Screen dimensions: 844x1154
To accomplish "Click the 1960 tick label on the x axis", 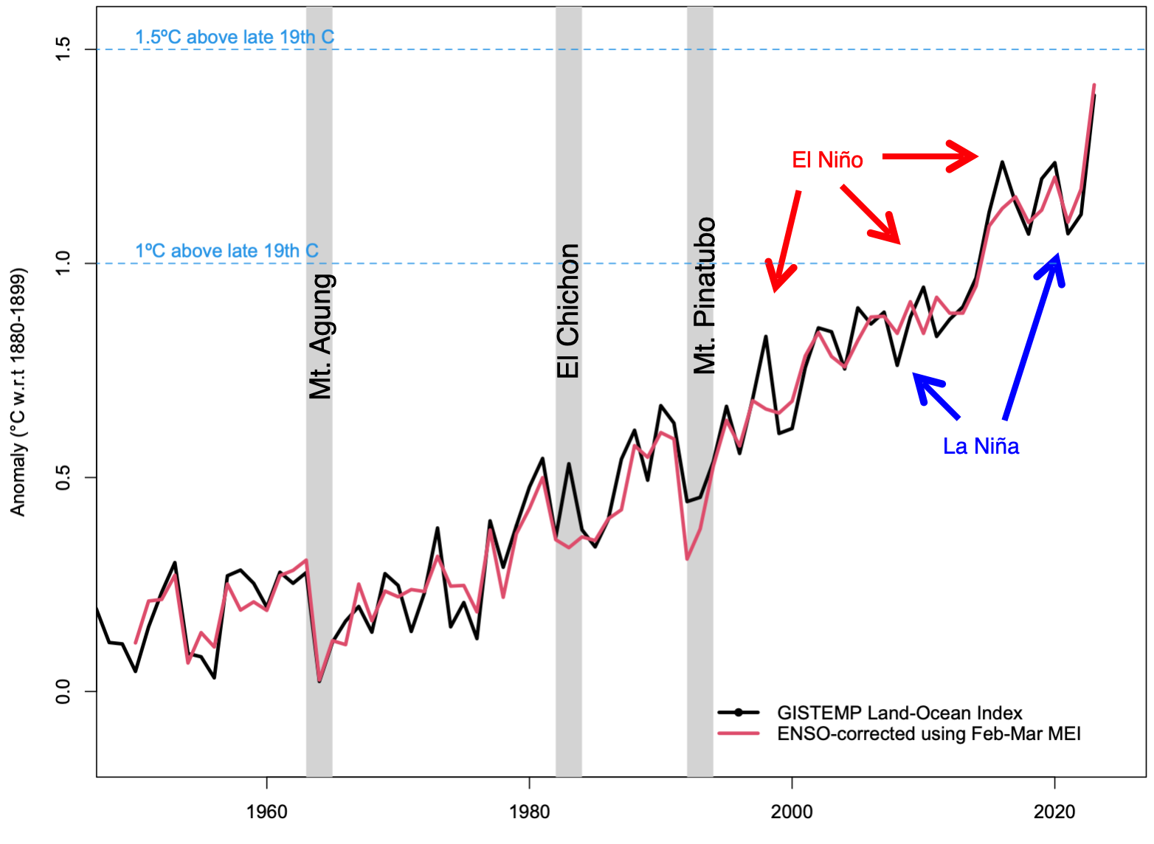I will (x=266, y=812).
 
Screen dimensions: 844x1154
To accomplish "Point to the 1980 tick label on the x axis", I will (x=529, y=812).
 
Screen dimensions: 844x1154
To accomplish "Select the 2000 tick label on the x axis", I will (x=792, y=812).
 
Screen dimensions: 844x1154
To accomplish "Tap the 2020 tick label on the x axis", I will (x=1054, y=812).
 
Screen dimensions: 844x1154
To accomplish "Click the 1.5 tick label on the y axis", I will (x=63, y=49).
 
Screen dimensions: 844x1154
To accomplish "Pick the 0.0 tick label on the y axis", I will (x=63, y=691).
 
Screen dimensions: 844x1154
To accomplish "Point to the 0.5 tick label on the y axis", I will (x=63, y=477).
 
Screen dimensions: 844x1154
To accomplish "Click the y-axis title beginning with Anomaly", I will (x=18, y=392).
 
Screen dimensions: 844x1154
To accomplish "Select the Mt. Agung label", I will (x=321, y=336).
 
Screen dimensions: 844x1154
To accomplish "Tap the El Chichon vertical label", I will (x=568, y=311).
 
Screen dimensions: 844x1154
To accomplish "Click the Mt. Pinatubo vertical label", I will (x=705, y=295).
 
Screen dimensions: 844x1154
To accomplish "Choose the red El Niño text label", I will (x=827, y=160).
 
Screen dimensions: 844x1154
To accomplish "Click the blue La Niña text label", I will (x=981, y=446).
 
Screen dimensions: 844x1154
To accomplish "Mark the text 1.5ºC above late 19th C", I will (x=234, y=37).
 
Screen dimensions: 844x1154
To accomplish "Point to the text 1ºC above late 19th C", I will (x=227, y=251).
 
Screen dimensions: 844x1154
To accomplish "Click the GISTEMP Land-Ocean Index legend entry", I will (x=899, y=713).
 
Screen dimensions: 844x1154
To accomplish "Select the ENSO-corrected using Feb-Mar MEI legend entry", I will (x=928, y=733).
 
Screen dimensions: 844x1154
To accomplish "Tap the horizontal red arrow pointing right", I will (x=930, y=156).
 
